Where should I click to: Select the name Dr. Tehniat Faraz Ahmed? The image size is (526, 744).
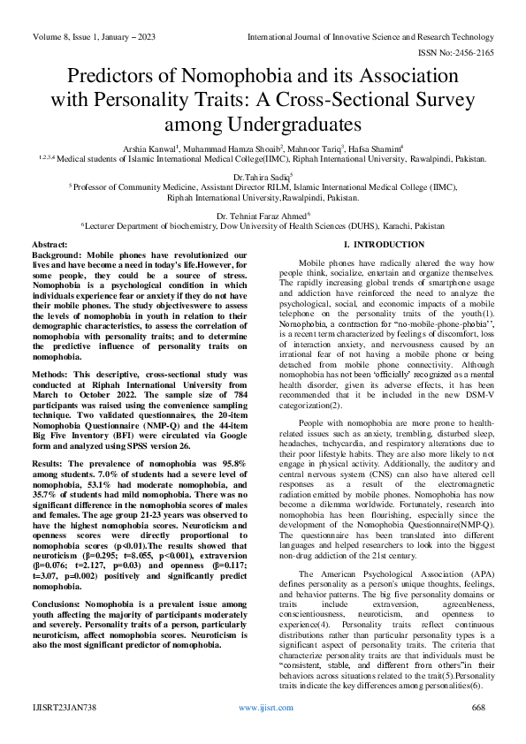(263, 215)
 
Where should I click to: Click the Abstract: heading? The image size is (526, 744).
(50, 243)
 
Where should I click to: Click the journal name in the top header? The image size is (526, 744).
(370, 37)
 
